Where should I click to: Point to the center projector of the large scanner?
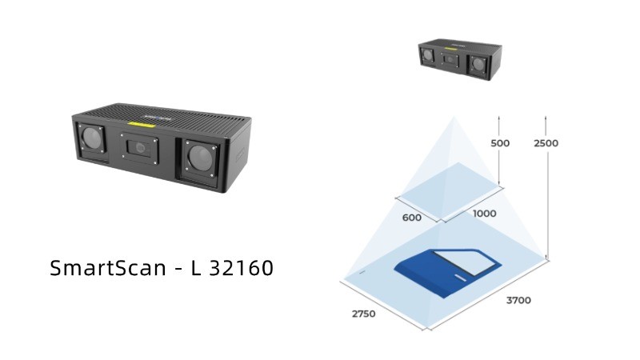click(139, 146)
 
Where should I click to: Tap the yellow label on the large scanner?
click(144, 125)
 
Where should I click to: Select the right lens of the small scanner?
click(478, 63)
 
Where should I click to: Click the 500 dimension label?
click(498, 143)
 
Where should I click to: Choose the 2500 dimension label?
click(546, 143)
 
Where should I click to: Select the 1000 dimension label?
click(484, 214)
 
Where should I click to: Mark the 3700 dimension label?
click(518, 301)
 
